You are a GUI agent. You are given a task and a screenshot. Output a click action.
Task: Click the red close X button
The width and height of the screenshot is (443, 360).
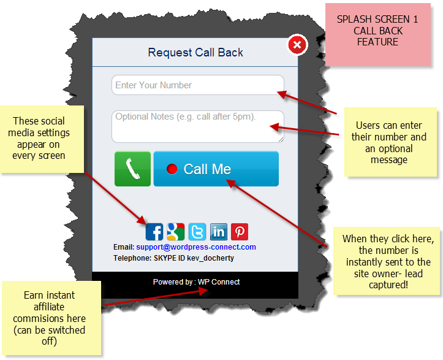point(297,45)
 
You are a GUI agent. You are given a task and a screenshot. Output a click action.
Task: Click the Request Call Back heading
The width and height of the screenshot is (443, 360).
point(195,53)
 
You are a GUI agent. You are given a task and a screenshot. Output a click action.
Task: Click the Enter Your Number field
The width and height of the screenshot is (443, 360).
point(197,85)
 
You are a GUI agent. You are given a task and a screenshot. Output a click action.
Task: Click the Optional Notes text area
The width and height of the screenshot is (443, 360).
point(197,126)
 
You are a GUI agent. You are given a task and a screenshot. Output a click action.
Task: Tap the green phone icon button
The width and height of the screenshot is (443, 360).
point(132,169)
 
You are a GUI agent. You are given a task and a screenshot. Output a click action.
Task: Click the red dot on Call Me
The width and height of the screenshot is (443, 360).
point(172,169)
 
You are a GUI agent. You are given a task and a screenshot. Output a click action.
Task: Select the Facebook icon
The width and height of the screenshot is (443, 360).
point(154,231)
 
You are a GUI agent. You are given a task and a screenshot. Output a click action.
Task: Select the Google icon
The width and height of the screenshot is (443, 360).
point(176,231)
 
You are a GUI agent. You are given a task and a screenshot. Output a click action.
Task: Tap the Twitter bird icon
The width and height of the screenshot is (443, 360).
point(197,231)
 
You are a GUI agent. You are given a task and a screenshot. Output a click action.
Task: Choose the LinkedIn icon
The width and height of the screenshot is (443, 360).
point(219,231)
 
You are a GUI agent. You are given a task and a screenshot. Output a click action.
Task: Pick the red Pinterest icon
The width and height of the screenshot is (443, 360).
point(240,231)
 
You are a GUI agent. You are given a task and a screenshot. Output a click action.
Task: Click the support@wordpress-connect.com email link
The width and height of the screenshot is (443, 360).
point(195,247)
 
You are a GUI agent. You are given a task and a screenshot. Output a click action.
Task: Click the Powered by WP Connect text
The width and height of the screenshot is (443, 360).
point(196,282)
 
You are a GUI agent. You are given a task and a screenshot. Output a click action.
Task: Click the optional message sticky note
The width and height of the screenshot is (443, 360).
point(389,142)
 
